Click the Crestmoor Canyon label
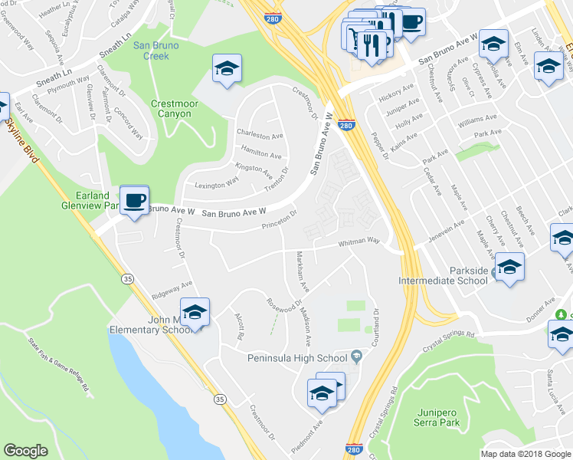tap(159, 109)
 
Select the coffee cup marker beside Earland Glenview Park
tap(135, 200)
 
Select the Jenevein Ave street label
tap(440, 229)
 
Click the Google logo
tap(25, 451)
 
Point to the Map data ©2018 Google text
tap(525, 454)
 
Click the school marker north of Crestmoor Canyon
tap(227, 70)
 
